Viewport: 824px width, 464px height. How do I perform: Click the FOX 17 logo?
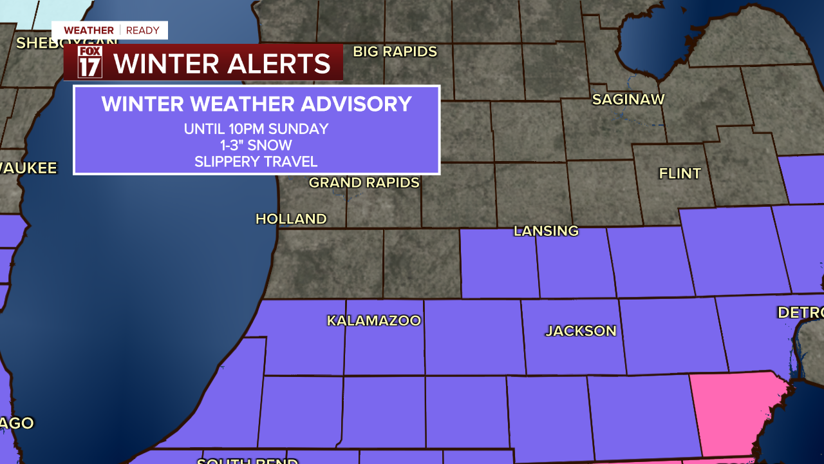(x=90, y=63)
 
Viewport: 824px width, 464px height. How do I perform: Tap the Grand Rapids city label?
(x=364, y=182)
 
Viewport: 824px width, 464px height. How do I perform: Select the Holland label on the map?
(x=291, y=219)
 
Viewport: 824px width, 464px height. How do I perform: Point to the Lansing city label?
(x=546, y=231)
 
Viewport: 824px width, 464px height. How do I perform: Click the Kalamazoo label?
(x=374, y=320)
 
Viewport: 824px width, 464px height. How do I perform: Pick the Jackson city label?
(x=581, y=331)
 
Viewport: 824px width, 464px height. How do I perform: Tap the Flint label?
(x=680, y=173)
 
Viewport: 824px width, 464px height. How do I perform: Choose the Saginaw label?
(x=628, y=99)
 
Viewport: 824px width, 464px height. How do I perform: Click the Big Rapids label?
(x=395, y=52)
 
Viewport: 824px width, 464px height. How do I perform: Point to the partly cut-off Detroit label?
(x=800, y=313)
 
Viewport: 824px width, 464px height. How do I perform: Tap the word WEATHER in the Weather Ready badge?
(x=89, y=30)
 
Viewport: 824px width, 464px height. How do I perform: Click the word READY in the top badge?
(x=142, y=30)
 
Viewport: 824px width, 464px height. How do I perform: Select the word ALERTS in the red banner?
(x=276, y=63)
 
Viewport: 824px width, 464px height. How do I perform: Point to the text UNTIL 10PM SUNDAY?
(x=256, y=129)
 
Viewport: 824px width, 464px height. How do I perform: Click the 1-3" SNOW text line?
(x=256, y=145)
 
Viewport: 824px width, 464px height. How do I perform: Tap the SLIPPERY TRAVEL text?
(x=256, y=161)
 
